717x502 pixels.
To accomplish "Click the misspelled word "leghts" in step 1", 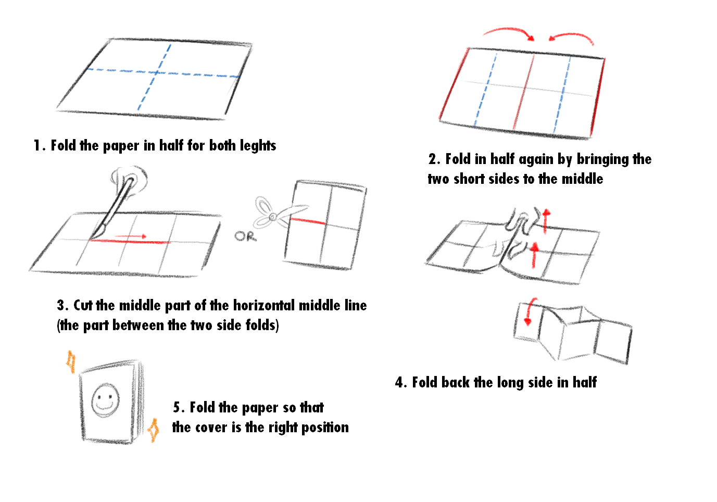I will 257,146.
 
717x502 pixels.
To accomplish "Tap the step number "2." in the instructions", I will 435,159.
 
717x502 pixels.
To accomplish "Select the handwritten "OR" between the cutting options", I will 245,236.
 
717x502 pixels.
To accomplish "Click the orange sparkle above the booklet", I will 71,361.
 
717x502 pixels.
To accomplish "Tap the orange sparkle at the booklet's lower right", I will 153,430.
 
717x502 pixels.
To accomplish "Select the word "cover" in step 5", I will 211,428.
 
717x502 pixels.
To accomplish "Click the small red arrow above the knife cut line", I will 131,237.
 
